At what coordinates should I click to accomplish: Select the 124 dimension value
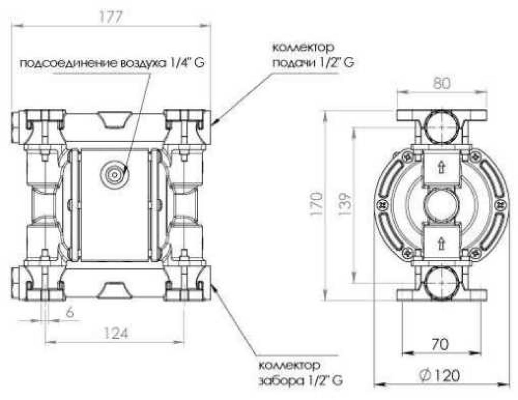click(115, 333)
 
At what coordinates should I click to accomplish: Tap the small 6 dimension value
click(70, 312)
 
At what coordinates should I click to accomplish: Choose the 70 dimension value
click(440, 344)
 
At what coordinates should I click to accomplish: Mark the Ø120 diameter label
click(440, 375)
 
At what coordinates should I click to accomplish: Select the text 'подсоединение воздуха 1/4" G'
click(112, 64)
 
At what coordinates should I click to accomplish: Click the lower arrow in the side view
click(441, 241)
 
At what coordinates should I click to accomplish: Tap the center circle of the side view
click(441, 204)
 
